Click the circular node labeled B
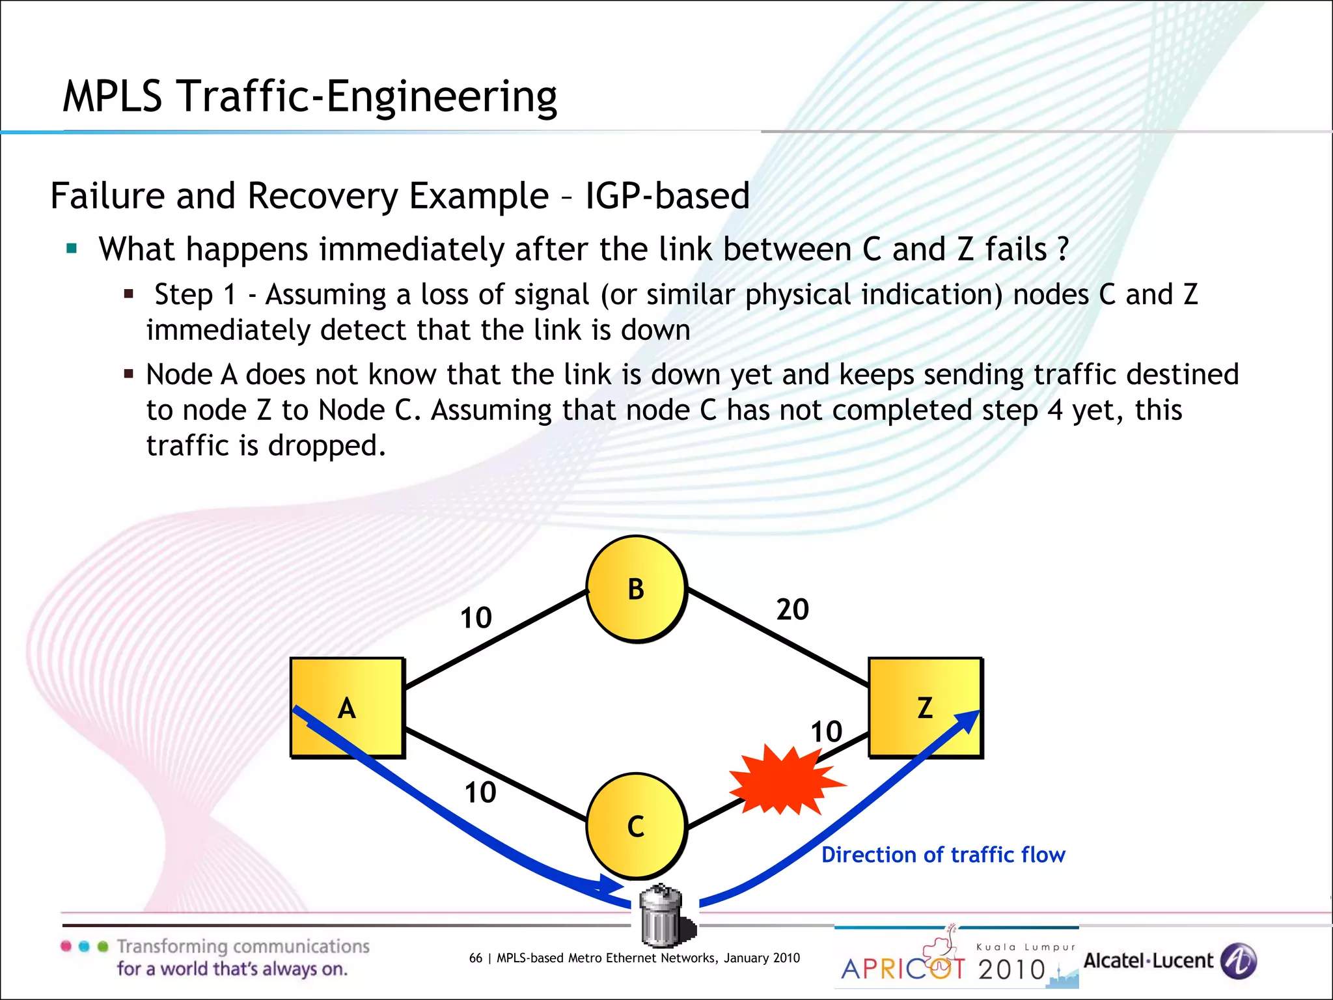636,589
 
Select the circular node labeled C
636,826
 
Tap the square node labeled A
347,708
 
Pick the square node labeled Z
925,708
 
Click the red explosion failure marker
785,781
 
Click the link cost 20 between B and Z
792,609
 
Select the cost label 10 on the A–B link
476,618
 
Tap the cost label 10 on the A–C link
480,792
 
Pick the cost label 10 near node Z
826,732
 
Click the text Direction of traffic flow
943,855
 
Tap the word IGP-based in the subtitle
667,195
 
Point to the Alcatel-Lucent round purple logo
1238,961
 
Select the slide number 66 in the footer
476,958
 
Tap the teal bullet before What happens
72,249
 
